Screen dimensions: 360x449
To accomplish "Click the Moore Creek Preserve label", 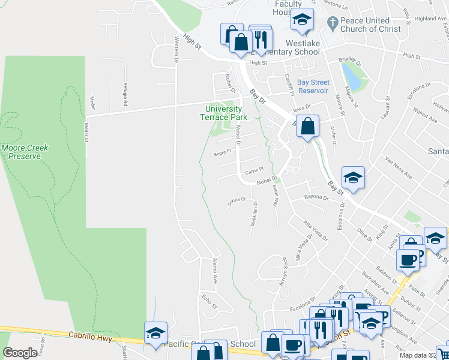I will (x=25, y=152).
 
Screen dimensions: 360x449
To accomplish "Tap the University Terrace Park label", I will (x=223, y=113).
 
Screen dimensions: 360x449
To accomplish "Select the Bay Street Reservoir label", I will (x=313, y=86).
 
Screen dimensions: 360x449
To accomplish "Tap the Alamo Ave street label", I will (x=214, y=271).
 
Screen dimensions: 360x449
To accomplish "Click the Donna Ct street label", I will (x=237, y=202).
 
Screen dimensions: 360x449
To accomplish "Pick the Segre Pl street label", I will (x=222, y=154).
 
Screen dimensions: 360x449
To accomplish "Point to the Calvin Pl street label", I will (x=255, y=172).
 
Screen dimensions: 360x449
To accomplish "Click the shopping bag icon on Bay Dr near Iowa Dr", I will (x=307, y=126).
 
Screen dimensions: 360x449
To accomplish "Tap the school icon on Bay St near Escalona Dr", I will (x=353, y=177).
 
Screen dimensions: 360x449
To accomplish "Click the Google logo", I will (x=20, y=353).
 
